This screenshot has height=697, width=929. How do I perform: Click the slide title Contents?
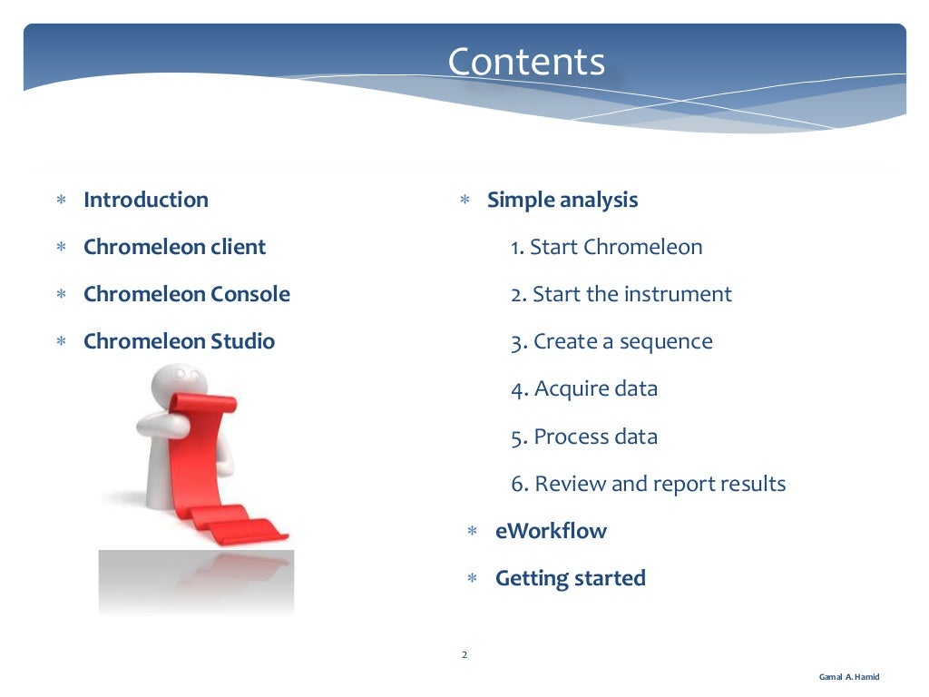tap(525, 63)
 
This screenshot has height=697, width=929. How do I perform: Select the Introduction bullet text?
tap(145, 200)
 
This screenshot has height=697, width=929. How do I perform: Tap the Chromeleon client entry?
tap(174, 247)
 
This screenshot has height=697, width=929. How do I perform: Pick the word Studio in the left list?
tap(242, 341)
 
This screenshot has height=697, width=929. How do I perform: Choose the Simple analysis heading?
tap(562, 200)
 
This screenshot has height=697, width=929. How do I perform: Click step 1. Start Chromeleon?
tap(606, 247)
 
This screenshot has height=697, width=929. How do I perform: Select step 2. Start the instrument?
tap(621, 294)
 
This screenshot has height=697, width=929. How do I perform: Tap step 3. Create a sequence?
tap(611, 341)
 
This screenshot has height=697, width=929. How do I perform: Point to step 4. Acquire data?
tap(584, 388)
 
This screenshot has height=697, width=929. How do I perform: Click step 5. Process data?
tap(584, 437)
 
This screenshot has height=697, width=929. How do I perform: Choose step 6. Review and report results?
tap(648, 484)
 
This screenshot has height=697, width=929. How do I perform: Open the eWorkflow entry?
tap(551, 531)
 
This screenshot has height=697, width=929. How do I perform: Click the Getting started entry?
tap(570, 578)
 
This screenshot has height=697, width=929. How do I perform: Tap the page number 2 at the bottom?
tap(464, 654)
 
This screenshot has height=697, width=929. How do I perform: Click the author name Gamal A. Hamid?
tap(848, 677)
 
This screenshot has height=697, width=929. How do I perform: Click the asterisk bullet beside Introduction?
tap(61, 201)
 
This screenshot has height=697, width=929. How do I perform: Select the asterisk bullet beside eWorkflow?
tap(472, 532)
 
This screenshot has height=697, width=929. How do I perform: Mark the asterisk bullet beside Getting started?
tap(472, 579)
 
